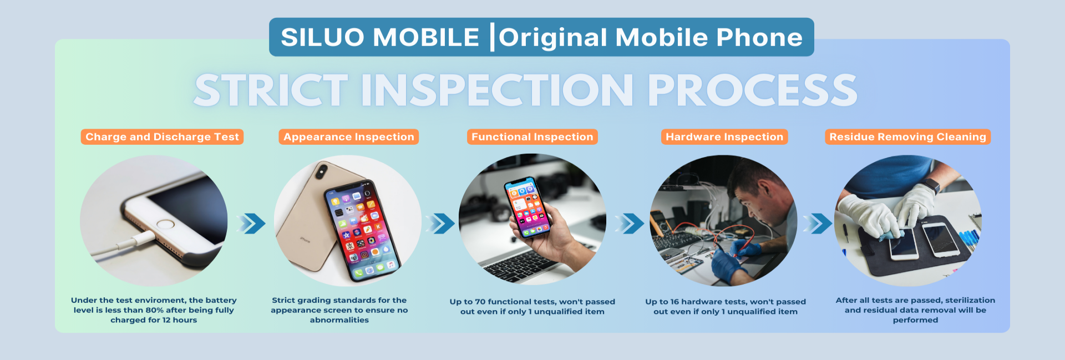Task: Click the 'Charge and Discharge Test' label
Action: (162, 137)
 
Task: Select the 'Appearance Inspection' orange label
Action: (349, 137)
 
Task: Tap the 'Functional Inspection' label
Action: (532, 137)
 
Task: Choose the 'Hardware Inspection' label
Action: (724, 137)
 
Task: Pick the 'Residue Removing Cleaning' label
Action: (907, 137)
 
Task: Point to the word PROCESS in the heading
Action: (752, 90)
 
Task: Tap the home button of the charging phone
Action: (166, 224)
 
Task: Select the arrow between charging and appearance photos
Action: (251, 224)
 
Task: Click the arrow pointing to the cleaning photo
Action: (818, 224)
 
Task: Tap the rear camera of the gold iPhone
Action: (321, 171)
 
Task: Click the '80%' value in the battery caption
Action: (155, 310)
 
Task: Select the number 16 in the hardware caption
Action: (674, 302)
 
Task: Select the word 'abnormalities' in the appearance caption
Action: (339, 320)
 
